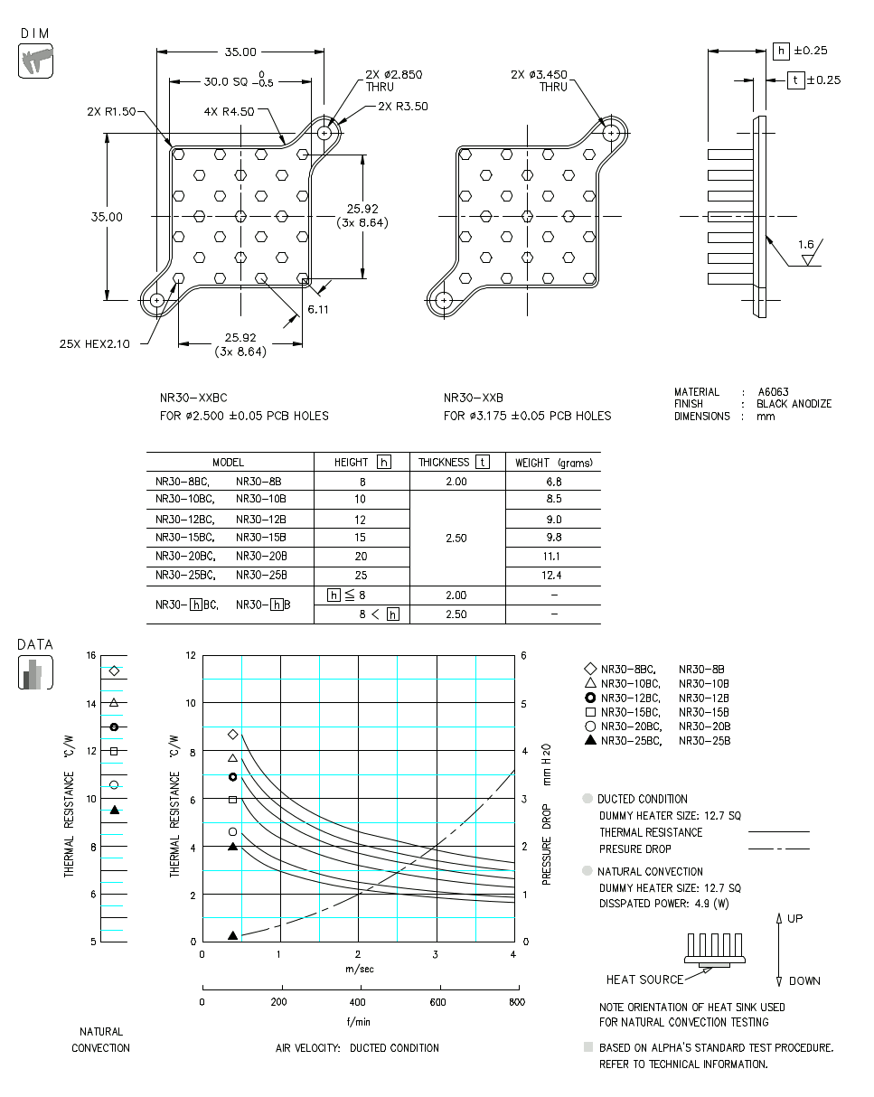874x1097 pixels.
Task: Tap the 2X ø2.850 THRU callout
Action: coord(393,81)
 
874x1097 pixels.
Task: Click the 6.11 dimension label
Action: coord(318,309)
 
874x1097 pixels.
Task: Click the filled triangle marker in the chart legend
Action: coord(590,741)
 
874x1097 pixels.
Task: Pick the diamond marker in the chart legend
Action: coord(590,670)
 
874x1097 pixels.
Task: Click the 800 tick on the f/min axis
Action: coord(515,1002)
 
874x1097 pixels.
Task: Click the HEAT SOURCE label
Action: coord(644,980)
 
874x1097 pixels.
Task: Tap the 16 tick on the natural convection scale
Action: coord(91,656)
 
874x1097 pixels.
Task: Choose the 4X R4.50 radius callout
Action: coord(229,112)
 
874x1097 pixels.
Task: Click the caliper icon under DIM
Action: coord(35,61)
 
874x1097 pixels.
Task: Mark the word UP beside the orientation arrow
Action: coord(794,918)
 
